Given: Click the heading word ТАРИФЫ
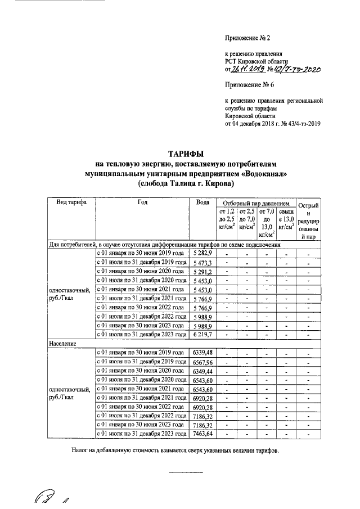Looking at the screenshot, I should click(x=186, y=154).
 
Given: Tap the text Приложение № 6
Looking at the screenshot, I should click(x=247, y=86).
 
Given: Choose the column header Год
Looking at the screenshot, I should click(x=142, y=202).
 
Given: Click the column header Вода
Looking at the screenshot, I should click(x=201, y=202).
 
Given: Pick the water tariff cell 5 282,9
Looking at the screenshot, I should click(x=201, y=254).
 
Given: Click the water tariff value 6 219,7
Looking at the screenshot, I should click(x=201, y=334).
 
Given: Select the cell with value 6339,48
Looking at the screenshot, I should click(x=201, y=353).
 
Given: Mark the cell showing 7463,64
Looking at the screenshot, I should click(x=201, y=434).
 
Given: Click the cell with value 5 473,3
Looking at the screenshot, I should click(x=201, y=263).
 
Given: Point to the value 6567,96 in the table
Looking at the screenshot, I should click(x=201, y=362).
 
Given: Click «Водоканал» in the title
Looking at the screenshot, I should click(x=263, y=174).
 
